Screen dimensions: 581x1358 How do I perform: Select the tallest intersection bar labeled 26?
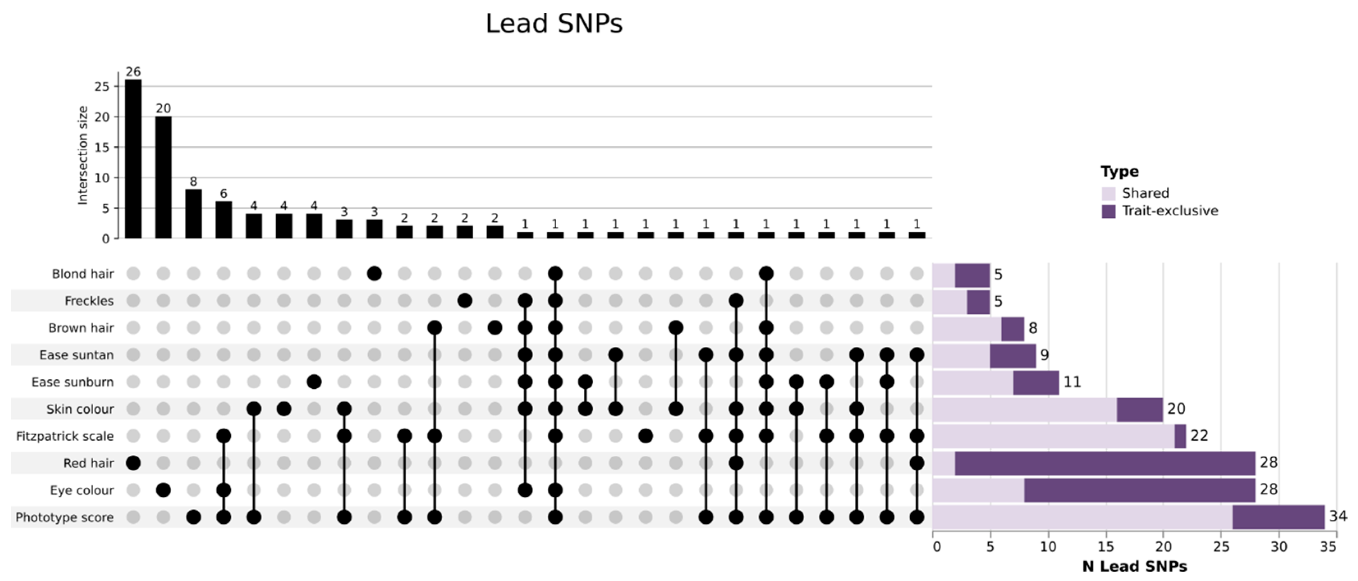coord(133,158)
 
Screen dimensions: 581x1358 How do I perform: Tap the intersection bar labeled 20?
coord(163,177)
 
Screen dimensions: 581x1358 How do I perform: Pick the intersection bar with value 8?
coord(193,214)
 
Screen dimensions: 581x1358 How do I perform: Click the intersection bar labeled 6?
coord(223,219)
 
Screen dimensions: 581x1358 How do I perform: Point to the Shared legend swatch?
coord(1109,194)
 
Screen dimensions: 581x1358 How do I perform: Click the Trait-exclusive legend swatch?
coord(1109,211)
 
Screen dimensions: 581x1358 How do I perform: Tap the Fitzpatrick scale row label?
coord(64,436)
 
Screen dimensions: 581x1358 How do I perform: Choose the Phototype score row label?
coord(64,517)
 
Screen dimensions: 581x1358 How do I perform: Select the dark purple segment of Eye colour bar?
coord(1139,490)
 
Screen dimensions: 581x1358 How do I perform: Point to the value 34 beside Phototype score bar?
coord(1337,516)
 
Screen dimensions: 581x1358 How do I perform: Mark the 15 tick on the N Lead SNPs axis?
coord(1106,546)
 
